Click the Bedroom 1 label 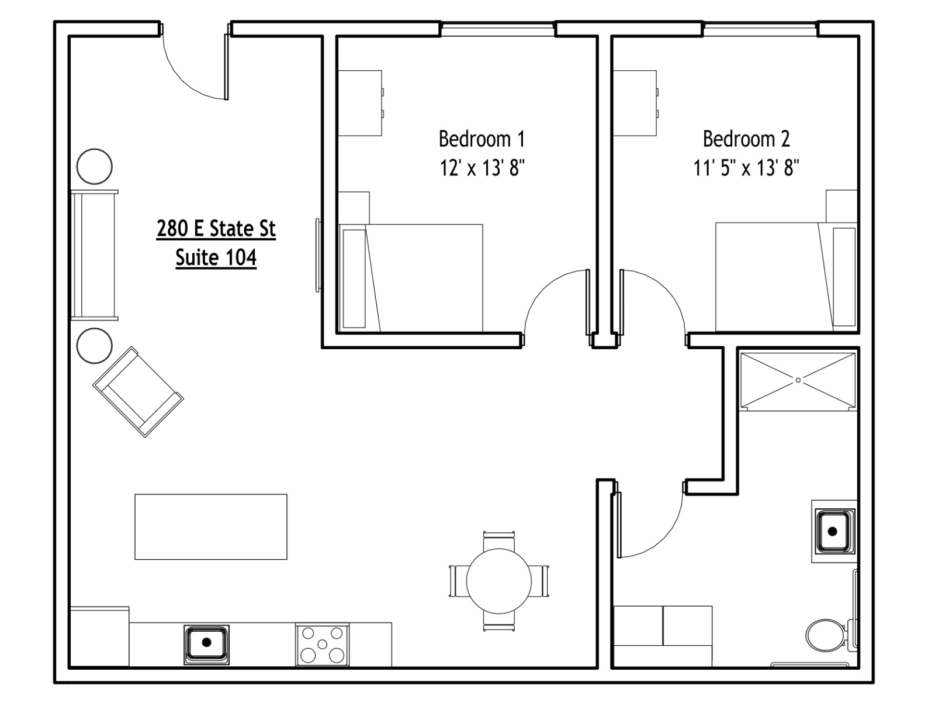(482, 139)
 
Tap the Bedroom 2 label (746, 139)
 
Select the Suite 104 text (216, 257)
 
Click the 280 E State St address (216, 229)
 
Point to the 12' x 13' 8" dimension (482, 168)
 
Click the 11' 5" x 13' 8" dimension (746, 168)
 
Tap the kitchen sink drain (207, 642)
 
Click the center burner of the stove (323, 643)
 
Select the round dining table (499, 581)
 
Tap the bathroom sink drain (832, 532)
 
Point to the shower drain (798, 380)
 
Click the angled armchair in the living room (138, 392)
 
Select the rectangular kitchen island (211, 527)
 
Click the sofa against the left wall (94, 255)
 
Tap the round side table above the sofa (95, 166)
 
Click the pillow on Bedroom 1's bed (354, 279)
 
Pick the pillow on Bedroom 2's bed (844, 277)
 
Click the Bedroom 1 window (498, 29)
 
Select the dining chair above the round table (499, 541)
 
